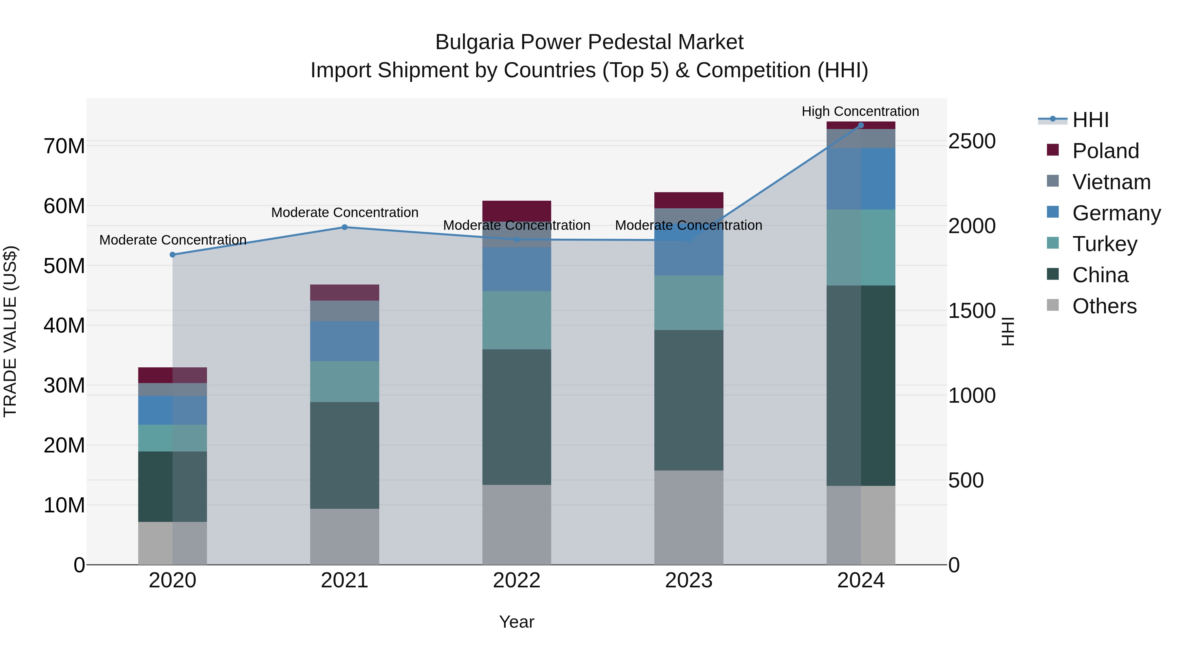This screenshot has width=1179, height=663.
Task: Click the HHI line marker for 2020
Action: point(173,255)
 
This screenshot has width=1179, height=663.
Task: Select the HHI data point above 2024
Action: point(860,125)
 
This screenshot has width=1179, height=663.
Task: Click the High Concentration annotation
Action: point(860,112)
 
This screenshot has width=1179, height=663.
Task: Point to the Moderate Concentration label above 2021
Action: point(345,213)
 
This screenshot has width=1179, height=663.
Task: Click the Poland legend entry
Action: point(1105,151)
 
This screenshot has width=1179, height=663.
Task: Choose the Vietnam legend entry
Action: point(1111,182)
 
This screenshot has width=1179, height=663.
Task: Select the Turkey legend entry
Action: point(1104,244)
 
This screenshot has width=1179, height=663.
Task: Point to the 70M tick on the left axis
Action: point(64,146)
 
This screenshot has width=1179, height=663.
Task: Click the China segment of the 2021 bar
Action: point(345,455)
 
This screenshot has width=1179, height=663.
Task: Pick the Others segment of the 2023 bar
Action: point(688,517)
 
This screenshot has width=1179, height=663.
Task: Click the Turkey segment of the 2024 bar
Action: point(860,248)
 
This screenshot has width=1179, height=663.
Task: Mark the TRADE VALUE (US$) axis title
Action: point(10,331)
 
